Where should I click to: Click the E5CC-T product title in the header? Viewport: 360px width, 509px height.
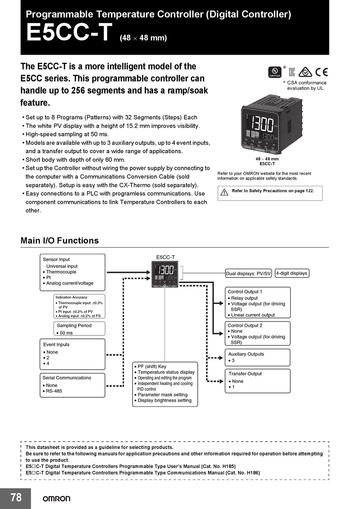click(x=69, y=33)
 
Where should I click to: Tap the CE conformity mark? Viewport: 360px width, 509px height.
click(x=321, y=72)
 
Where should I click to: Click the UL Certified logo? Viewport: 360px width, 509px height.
click(x=275, y=72)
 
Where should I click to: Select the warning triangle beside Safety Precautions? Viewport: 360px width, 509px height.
click(x=224, y=192)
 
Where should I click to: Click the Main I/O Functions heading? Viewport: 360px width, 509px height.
click(x=59, y=241)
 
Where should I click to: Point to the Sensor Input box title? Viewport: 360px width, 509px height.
click(x=56, y=260)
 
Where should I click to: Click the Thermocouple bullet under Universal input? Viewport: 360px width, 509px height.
click(x=61, y=272)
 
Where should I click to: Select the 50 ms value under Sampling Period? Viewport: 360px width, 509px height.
click(x=66, y=333)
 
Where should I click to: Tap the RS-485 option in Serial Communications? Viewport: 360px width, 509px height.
click(x=54, y=391)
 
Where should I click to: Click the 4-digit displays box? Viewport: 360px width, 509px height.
click(x=291, y=273)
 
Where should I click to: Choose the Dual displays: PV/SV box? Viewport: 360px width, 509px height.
click(x=248, y=274)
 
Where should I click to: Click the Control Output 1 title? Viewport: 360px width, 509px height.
click(x=245, y=292)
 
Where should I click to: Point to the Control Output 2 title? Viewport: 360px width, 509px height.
click(x=245, y=326)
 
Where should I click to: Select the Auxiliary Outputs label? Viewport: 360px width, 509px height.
click(x=246, y=354)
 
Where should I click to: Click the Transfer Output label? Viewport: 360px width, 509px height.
click(x=245, y=374)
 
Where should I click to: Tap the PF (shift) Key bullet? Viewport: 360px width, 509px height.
click(x=152, y=366)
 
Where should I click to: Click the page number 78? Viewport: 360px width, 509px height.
click(x=16, y=498)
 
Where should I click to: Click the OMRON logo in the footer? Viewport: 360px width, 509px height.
click(x=56, y=498)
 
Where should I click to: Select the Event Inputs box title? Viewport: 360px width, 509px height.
click(x=56, y=345)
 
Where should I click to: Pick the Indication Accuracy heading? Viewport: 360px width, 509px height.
click(x=71, y=298)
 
